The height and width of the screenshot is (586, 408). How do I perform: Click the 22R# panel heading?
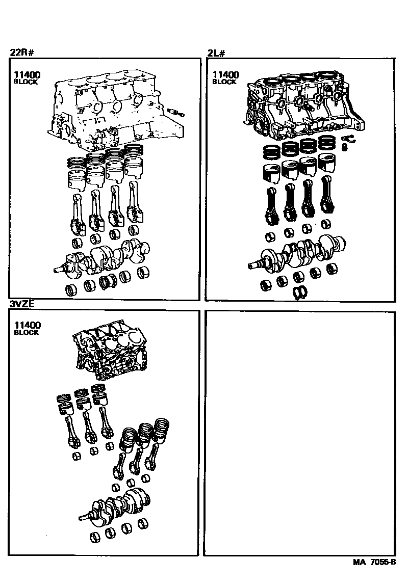tap(22, 52)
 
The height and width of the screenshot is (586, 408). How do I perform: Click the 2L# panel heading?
tap(216, 53)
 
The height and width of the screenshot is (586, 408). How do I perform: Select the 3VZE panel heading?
tap(22, 304)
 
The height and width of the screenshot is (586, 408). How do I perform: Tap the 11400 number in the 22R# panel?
tap(27, 75)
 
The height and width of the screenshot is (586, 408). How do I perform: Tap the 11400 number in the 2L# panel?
tap(225, 75)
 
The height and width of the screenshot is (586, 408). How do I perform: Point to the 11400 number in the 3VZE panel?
tap(28, 325)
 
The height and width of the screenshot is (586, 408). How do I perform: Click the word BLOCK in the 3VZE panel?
tap(26, 332)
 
